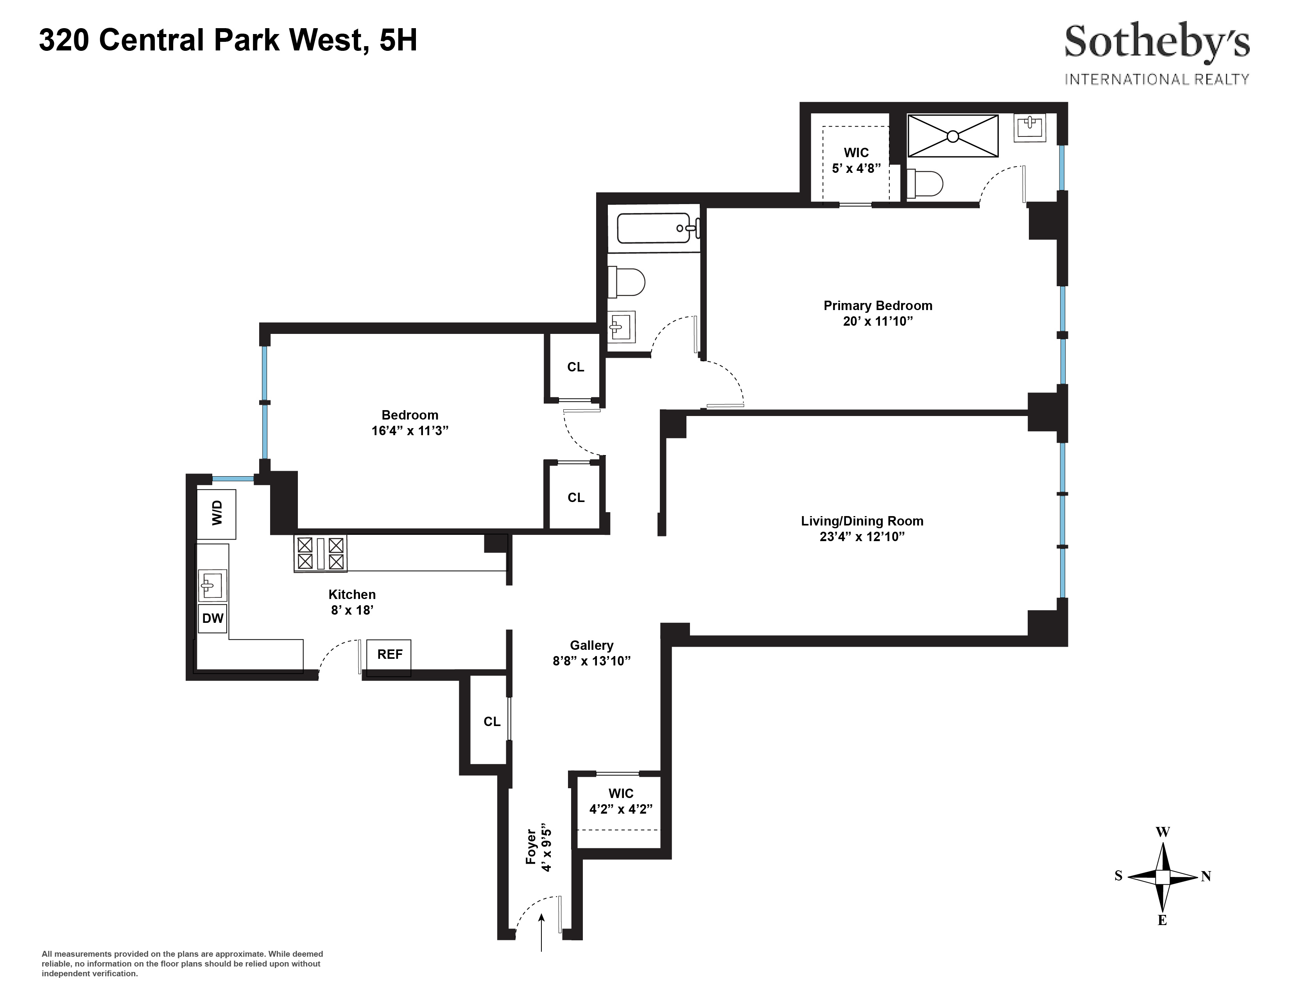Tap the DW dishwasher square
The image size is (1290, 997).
tap(213, 618)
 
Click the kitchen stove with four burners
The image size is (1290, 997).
tap(321, 553)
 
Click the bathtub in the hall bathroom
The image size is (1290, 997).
tap(654, 228)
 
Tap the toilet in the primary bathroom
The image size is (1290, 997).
tap(925, 184)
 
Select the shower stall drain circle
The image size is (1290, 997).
tap(952, 136)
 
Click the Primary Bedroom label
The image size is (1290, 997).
tap(878, 305)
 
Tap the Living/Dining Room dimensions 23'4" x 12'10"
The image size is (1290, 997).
tap(862, 537)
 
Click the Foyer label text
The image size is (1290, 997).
tap(530, 847)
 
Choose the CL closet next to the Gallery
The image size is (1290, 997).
tap(491, 721)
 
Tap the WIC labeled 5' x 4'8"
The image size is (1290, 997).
tap(856, 160)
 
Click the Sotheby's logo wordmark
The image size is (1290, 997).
tap(1157, 43)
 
